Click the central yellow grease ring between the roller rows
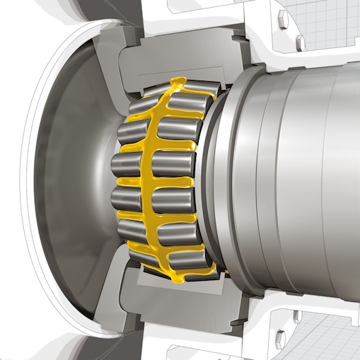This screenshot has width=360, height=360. (150, 180)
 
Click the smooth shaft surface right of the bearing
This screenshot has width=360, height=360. (311, 177)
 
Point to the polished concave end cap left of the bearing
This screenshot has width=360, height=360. (71, 177)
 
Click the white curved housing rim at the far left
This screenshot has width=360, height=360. (32, 177)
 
